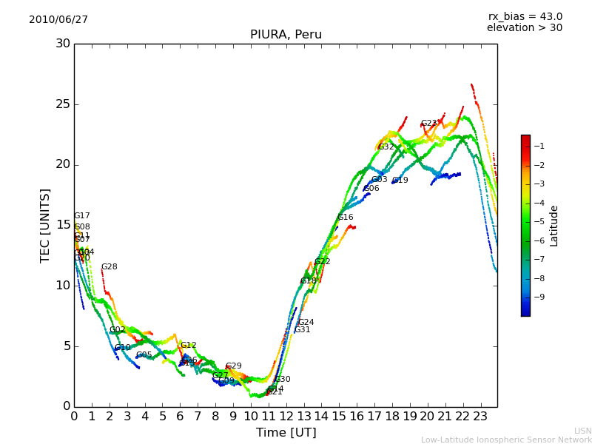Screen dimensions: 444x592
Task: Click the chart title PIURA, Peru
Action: [286, 35]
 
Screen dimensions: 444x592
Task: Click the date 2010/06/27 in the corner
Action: [58, 20]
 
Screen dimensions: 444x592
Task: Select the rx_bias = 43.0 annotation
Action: [525, 17]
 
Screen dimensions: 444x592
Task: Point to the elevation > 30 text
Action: [525, 28]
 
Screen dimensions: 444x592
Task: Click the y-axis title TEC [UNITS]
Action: [46, 225]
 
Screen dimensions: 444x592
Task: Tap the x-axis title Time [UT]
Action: [286, 433]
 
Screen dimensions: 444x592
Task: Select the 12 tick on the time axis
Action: [286, 417]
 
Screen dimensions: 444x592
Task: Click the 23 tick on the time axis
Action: [481, 417]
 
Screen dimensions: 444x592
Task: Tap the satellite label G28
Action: [109, 267]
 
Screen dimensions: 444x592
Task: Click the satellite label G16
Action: [346, 218]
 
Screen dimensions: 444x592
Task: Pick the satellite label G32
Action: [386, 147]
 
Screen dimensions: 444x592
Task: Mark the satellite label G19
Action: [400, 181]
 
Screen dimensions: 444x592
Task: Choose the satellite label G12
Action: [189, 346]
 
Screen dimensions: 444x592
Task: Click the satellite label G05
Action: [144, 355]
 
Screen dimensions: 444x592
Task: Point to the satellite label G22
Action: [323, 262]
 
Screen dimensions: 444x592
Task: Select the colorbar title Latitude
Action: [554, 226]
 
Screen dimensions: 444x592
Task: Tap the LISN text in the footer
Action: [582, 431]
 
